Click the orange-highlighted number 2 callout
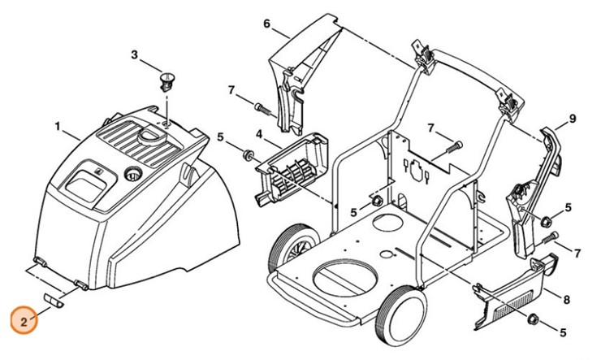(24, 322)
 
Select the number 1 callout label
(58, 127)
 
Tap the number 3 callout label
(136, 54)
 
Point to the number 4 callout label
(258, 132)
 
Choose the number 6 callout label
(266, 24)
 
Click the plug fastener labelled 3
(168, 81)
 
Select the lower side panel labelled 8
(513, 288)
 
